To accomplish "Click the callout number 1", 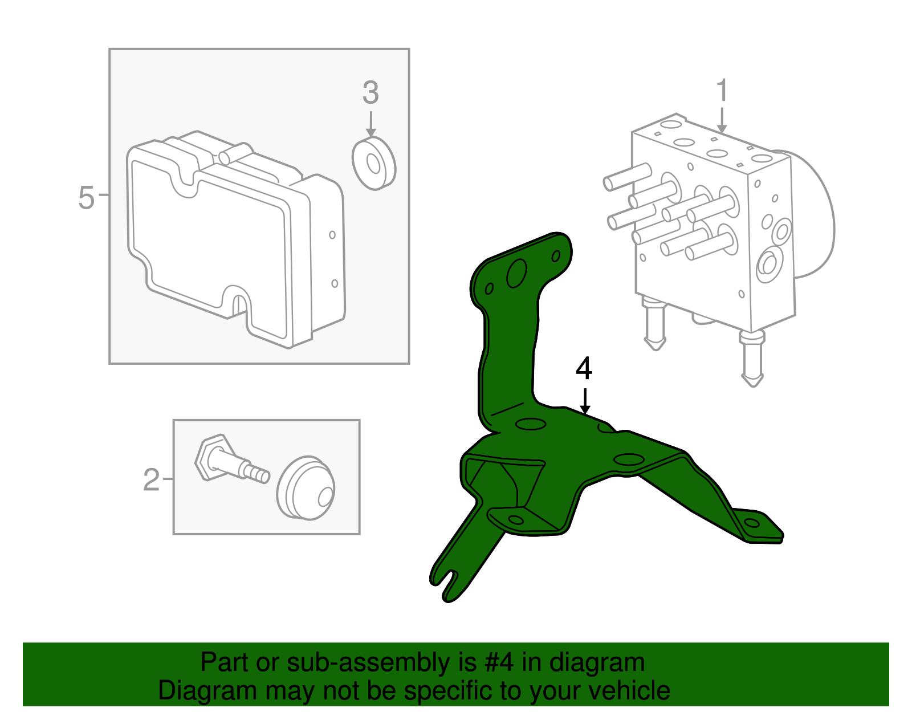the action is (x=722, y=90).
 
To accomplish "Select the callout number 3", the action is (x=370, y=92).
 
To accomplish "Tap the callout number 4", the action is (x=584, y=368).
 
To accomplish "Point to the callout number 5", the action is (x=87, y=198).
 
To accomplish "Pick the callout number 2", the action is (x=151, y=480).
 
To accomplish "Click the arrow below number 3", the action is (x=370, y=124).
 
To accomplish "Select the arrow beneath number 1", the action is (x=722, y=120).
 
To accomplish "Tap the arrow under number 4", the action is (x=585, y=401).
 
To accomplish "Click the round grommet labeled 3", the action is (x=373, y=163).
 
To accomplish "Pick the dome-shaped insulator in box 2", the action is (x=306, y=488).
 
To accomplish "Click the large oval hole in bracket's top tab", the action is (x=516, y=273).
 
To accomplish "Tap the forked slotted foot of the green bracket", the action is (x=451, y=577).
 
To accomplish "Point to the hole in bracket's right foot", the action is (x=752, y=523).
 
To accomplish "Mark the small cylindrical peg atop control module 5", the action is (x=235, y=153).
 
